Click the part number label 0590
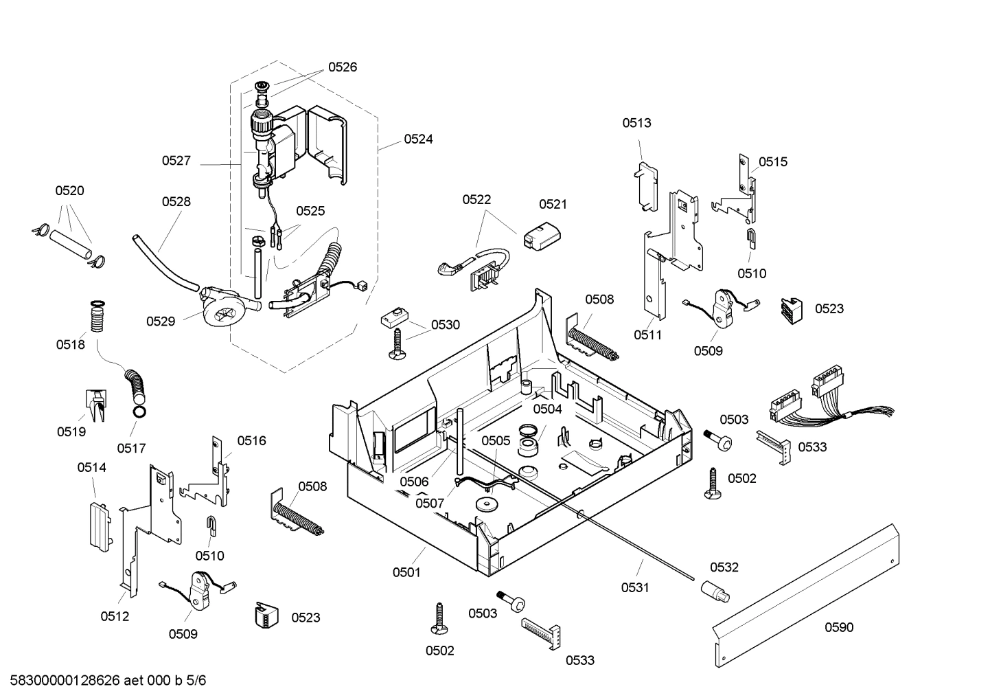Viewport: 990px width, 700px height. [839, 627]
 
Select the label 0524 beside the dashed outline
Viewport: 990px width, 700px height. [418, 139]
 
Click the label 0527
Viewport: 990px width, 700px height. [176, 161]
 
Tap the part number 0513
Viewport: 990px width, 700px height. [636, 123]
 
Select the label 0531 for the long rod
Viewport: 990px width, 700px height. [635, 587]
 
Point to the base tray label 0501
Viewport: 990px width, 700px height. [406, 572]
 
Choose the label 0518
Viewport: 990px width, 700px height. [71, 345]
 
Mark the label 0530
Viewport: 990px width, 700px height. [446, 325]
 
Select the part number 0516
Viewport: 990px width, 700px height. [251, 441]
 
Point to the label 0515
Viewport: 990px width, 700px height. [773, 162]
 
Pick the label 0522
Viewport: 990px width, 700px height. [476, 199]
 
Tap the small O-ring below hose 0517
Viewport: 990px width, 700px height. [139, 412]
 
